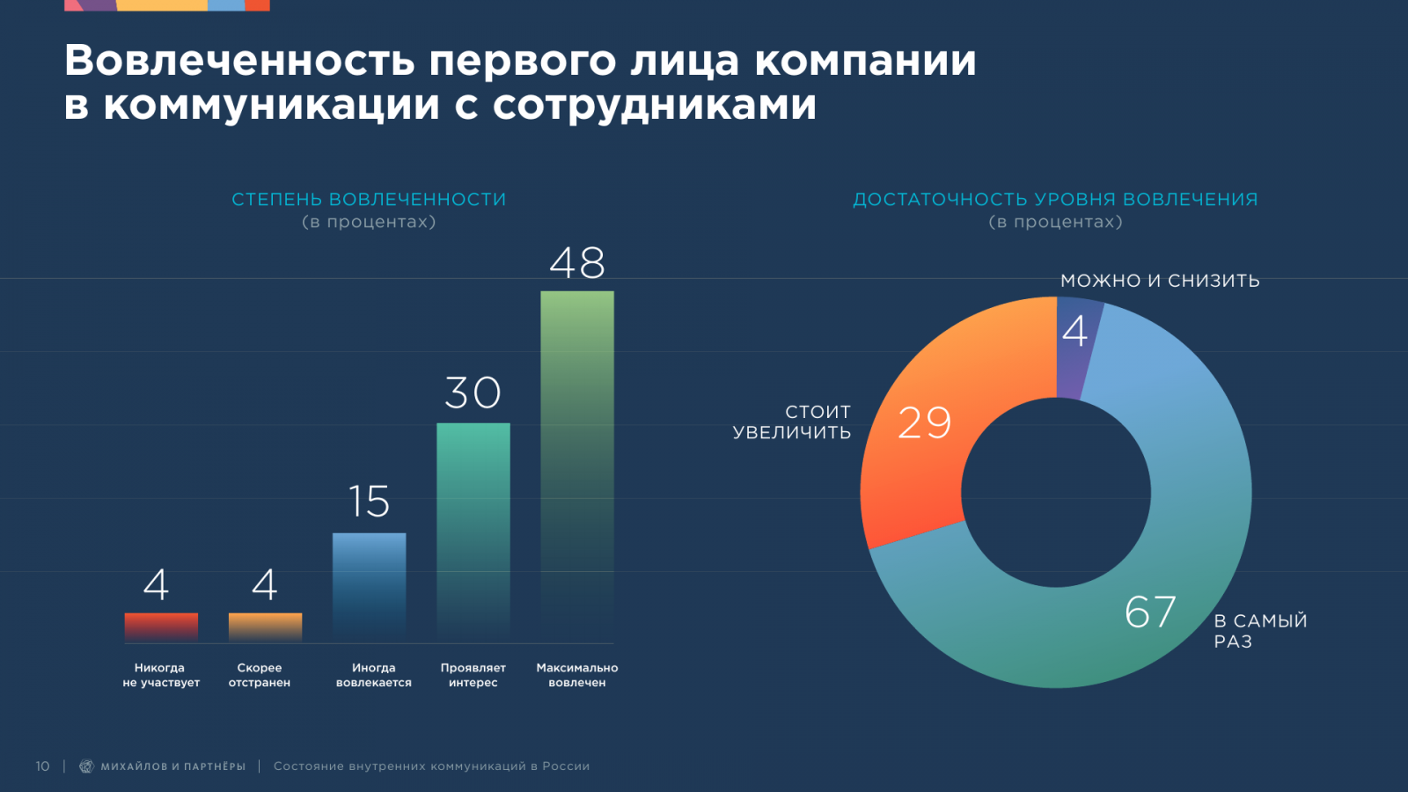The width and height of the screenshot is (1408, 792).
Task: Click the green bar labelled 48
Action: [x=577, y=458]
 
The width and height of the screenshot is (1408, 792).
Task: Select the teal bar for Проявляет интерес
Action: [x=473, y=528]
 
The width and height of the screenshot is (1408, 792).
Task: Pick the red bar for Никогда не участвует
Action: [x=161, y=626]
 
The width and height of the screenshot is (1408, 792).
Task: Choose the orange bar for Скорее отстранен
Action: [x=265, y=626]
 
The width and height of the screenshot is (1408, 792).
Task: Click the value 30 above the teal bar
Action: [x=473, y=392]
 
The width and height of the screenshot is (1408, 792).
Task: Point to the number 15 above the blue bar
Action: [x=369, y=502]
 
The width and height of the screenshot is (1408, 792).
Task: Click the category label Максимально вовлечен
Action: [x=577, y=675]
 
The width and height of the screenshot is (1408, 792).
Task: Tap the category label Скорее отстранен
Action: [x=260, y=675]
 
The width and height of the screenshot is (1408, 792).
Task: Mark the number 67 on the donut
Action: [x=1150, y=612]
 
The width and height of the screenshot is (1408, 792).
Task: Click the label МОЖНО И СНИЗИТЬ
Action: [x=1160, y=281]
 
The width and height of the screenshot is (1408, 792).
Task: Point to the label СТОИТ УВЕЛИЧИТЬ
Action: [x=792, y=422]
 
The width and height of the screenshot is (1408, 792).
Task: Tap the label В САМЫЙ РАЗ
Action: [x=1259, y=631]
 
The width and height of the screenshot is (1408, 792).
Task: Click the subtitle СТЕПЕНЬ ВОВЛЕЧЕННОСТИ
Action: [x=369, y=200]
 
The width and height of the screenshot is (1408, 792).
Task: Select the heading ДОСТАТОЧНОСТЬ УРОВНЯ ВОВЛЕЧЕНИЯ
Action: [x=1055, y=200]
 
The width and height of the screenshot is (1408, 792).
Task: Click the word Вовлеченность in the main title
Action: [x=239, y=61]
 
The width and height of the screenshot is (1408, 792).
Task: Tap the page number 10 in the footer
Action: [x=42, y=766]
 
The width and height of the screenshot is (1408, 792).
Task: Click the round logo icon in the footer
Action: [x=86, y=766]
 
